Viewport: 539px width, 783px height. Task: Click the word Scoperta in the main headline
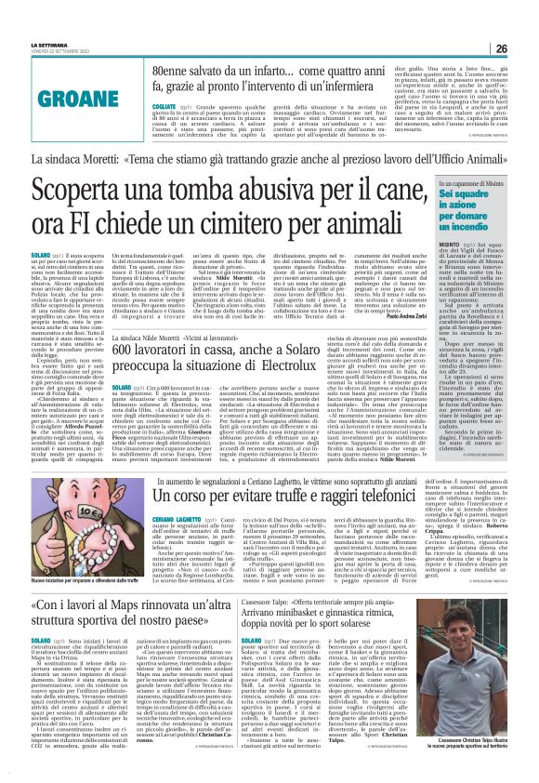101,191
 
